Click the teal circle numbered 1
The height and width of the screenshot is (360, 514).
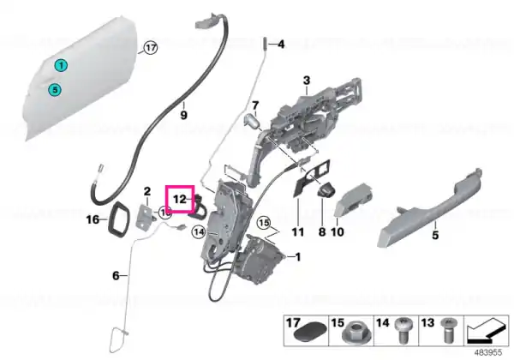pos(61,66)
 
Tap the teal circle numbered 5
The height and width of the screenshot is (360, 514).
pos(55,89)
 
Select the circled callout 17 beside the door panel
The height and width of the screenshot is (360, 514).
pos(151,48)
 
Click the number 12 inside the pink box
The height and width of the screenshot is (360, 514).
pos(180,199)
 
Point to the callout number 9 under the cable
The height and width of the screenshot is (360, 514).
pos(183,115)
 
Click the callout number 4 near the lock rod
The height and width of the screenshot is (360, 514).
pos(281,44)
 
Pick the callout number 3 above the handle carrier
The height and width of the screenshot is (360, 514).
pos(307,81)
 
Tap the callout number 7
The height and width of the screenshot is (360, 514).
pos(255,105)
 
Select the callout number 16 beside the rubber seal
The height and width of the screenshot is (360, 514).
pos(93,219)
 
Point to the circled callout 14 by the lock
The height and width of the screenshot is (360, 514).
pos(199,232)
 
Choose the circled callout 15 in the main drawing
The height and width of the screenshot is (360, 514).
pos(264,223)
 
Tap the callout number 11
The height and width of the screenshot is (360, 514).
pos(297,232)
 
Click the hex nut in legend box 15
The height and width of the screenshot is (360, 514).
pos(352,334)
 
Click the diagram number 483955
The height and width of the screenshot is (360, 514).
pos(488,352)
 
